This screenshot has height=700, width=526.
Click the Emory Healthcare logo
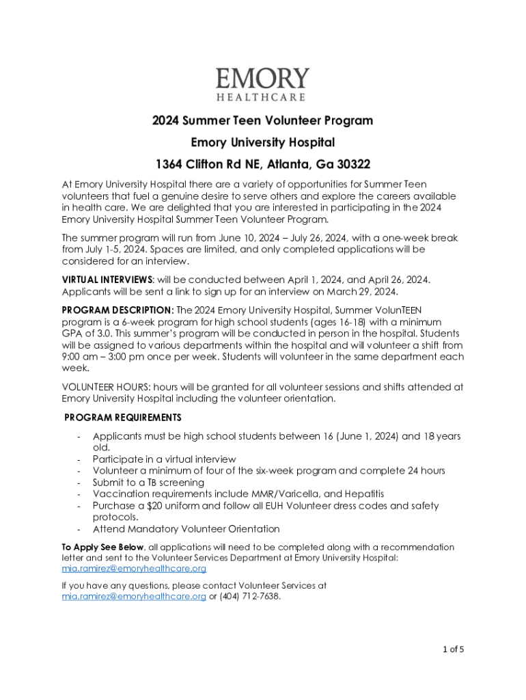(262, 84)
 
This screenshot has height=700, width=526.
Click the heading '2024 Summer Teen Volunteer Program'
(262, 121)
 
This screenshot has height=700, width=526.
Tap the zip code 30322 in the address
(350, 164)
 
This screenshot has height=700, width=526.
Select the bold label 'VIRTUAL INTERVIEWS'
(107, 280)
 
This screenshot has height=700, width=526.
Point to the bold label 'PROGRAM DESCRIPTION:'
(117, 310)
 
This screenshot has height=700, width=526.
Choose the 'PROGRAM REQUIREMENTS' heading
(123, 417)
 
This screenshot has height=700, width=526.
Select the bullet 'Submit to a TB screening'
(148, 483)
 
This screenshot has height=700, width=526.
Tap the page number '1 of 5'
(452, 649)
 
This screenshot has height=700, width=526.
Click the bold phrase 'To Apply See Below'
(102, 547)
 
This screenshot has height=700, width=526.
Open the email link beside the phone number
(133, 596)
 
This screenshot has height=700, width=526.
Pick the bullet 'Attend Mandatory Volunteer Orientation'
(186, 529)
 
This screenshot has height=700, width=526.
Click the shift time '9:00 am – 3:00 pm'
(105, 357)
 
